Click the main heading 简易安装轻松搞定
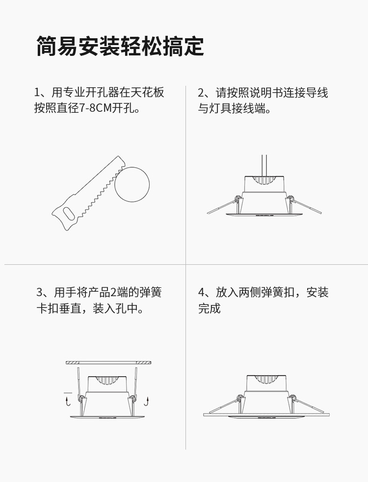pos(120,46)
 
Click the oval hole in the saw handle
pos(68,214)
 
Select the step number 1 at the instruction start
pos(37,93)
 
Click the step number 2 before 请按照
pos(201,93)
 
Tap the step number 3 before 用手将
pos(39,292)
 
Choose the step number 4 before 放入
pos(201,292)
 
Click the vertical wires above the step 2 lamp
pos(264,165)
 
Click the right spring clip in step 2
pos(305,205)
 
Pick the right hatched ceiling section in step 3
pos(143,363)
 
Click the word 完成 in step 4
pos(209,308)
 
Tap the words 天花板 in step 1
pos(147,93)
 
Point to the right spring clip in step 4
pos(308,404)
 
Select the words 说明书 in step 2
pos(266,93)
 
